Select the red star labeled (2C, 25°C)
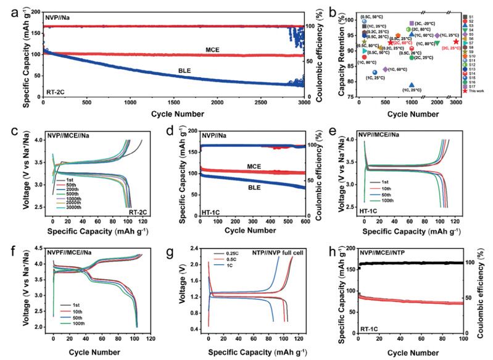[456, 42]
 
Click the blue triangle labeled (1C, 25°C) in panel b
[412, 85]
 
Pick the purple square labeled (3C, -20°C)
[412, 23]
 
